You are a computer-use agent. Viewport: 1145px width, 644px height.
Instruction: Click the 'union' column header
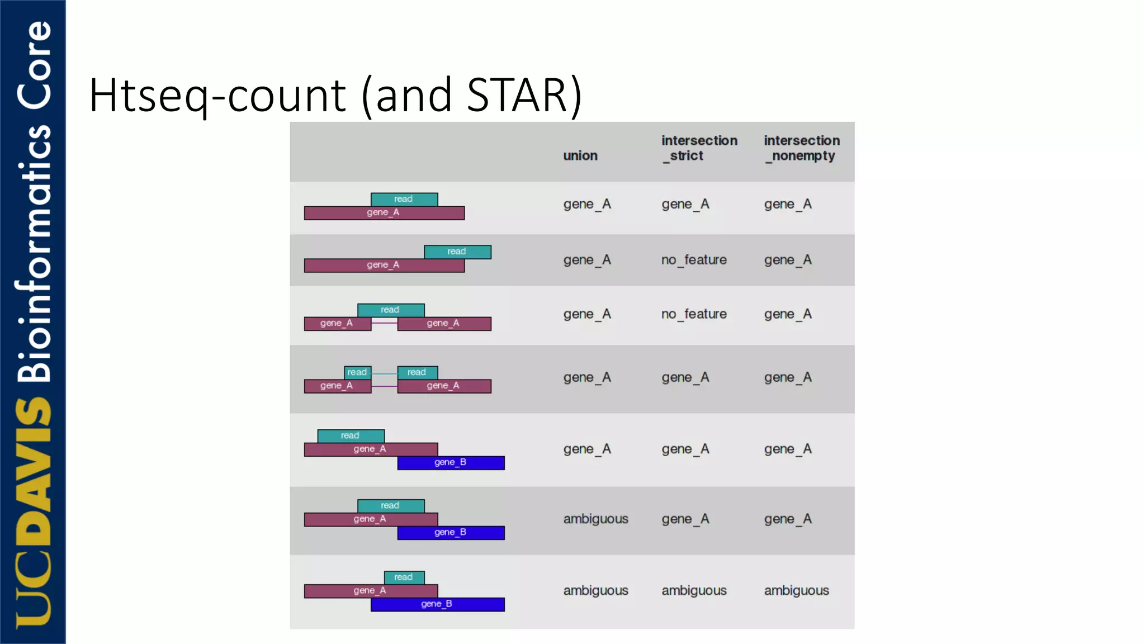pyautogui.click(x=580, y=155)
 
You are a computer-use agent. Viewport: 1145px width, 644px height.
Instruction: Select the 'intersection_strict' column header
pyautogui.click(x=699, y=148)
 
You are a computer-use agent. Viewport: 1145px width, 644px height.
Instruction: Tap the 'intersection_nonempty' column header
pyautogui.click(x=802, y=148)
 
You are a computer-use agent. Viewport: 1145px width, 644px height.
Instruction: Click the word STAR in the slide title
pyautogui.click(x=517, y=95)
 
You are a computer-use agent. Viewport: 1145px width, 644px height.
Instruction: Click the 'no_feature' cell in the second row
pyautogui.click(x=694, y=260)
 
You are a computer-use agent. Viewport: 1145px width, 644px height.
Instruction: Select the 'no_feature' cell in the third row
pyautogui.click(x=694, y=314)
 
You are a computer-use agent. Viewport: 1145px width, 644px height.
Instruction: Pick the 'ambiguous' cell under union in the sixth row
pyautogui.click(x=595, y=519)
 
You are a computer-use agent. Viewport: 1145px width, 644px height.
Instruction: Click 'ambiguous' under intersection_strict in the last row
pyautogui.click(x=694, y=590)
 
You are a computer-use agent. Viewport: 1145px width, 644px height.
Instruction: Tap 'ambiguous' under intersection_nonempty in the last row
pyautogui.click(x=796, y=590)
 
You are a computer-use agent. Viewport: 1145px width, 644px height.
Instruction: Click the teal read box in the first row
pyautogui.click(x=404, y=199)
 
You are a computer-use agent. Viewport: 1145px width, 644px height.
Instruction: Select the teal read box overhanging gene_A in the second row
pyautogui.click(x=457, y=252)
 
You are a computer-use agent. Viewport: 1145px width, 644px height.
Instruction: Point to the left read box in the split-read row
pyautogui.click(x=357, y=372)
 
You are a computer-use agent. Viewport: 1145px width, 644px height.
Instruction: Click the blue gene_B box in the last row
pyautogui.click(x=437, y=604)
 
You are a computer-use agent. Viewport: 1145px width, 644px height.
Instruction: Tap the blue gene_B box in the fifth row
pyautogui.click(x=451, y=463)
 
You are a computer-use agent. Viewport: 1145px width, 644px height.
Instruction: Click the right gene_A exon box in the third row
pyautogui.click(x=444, y=324)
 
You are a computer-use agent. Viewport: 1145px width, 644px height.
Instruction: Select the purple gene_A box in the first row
pyautogui.click(x=384, y=213)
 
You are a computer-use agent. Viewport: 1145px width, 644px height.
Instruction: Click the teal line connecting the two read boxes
pyautogui.click(x=384, y=373)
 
